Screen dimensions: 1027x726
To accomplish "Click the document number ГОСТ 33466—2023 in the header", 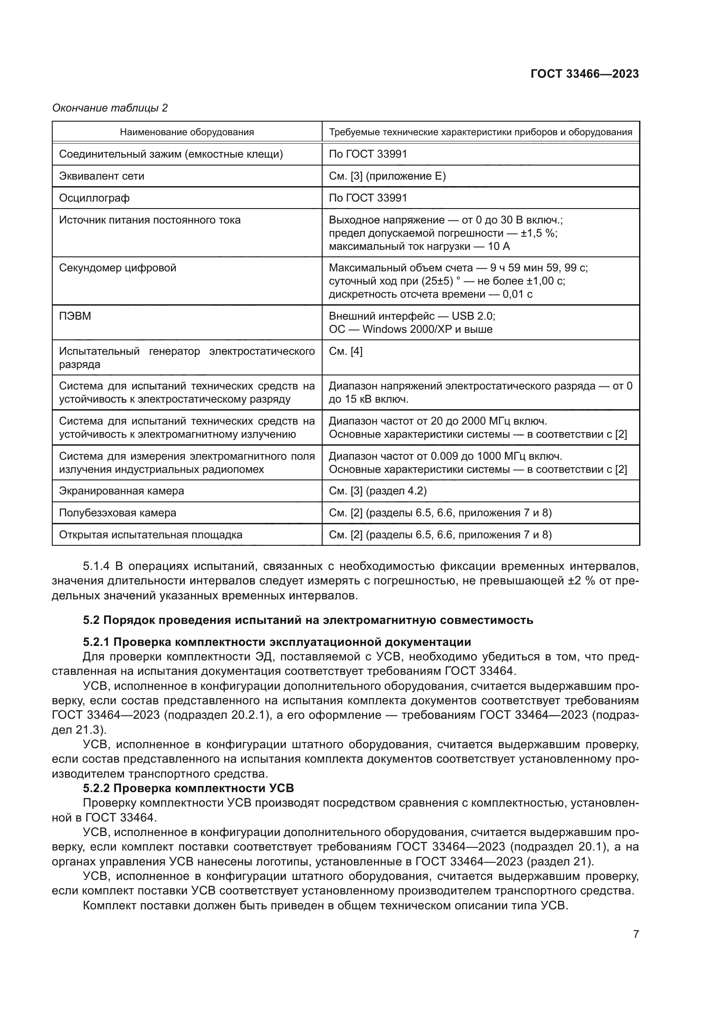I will click(x=585, y=74).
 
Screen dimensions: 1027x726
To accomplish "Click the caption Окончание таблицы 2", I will click(x=110, y=108).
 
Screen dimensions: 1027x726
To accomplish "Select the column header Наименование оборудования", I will click(x=187, y=132).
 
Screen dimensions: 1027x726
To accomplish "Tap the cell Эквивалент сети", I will click(x=102, y=176).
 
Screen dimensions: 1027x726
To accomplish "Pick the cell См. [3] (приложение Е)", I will click(x=387, y=176).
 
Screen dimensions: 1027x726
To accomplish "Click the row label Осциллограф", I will click(x=94, y=198).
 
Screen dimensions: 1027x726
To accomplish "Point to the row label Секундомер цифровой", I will click(x=118, y=268).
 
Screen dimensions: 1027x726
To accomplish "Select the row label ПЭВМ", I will click(x=75, y=316).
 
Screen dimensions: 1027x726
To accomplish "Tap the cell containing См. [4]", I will click(x=345, y=351).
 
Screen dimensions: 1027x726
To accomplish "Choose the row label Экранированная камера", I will click(x=122, y=491).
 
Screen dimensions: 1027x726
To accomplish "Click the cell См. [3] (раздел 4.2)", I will click(x=378, y=491).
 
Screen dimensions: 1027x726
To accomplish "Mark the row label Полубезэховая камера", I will click(x=118, y=513).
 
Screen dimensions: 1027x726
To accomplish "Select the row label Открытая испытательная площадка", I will click(x=151, y=535).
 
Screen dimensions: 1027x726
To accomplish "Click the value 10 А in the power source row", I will click(x=499, y=246).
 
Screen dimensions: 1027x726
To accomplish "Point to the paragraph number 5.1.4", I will click(x=96, y=566).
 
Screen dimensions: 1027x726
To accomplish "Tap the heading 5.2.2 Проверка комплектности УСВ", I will click(x=188, y=788).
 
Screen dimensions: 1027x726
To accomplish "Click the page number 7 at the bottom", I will click(x=636, y=934).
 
